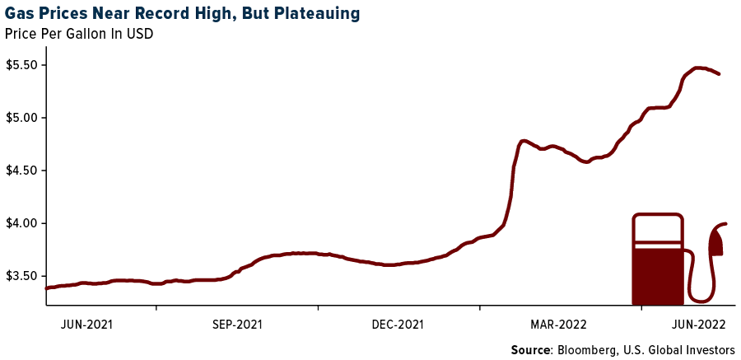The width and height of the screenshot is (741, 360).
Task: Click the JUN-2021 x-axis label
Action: click(86, 324)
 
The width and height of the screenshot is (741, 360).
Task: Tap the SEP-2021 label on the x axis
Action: click(237, 324)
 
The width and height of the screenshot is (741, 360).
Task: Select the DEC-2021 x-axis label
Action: click(398, 324)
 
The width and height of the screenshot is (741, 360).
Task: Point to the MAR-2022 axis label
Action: click(559, 324)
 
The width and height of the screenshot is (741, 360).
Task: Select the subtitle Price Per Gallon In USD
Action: click(79, 34)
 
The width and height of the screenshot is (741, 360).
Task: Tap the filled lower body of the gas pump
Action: click(657, 276)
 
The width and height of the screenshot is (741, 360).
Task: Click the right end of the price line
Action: click(719, 74)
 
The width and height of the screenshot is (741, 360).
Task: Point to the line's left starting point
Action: click(47, 288)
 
